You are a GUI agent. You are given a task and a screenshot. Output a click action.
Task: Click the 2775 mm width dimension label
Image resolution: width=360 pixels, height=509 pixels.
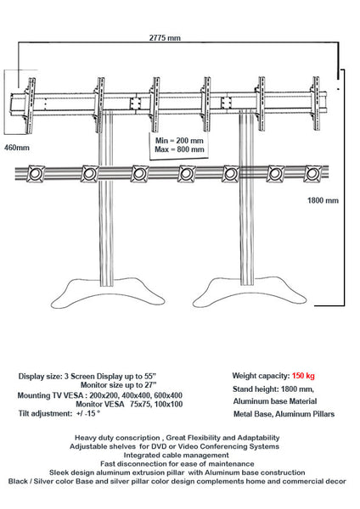[x=165, y=38]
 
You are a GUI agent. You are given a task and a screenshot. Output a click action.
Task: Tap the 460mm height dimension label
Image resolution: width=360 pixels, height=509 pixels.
[x=17, y=147]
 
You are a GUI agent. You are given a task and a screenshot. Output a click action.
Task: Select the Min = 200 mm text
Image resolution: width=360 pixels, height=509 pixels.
[x=180, y=139]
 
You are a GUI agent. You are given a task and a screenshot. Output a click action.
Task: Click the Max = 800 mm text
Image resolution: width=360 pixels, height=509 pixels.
[x=180, y=149]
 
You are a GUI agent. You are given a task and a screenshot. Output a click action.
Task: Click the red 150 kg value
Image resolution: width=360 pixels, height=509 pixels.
[x=304, y=375]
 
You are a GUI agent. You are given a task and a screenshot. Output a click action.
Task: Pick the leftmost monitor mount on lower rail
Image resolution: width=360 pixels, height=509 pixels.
[x=36, y=175]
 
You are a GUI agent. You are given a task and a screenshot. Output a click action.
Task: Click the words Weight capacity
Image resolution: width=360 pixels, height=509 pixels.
[x=260, y=375]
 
